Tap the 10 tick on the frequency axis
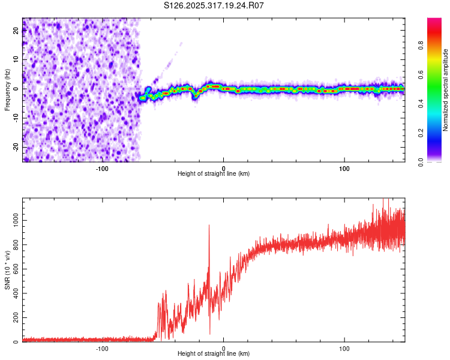click(16, 59)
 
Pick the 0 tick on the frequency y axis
click(16, 89)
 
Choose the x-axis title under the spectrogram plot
click(214, 173)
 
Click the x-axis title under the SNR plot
click(214, 353)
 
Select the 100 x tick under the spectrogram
click(344, 168)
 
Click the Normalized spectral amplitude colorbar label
click(446, 90)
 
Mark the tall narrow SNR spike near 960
click(209, 226)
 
